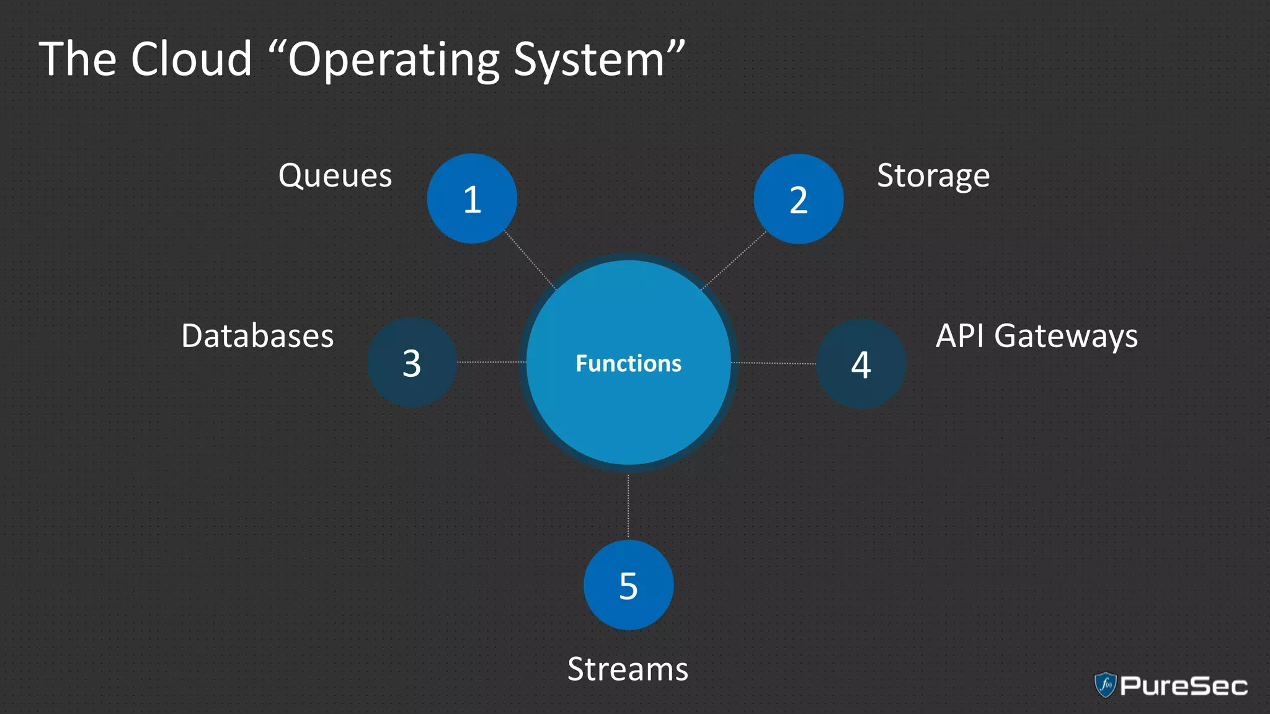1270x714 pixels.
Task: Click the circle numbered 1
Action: coord(472,198)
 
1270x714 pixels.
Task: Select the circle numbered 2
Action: coord(798,199)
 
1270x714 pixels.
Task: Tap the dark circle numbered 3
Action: coord(412,363)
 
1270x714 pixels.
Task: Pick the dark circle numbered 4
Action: coord(861,364)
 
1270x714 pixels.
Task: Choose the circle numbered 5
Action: coord(628,584)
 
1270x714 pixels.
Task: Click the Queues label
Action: coord(335,175)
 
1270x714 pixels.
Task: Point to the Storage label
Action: coord(933,176)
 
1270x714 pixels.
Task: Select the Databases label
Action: coord(257,336)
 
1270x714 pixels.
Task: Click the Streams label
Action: coord(628,669)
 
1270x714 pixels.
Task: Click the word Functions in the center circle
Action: coord(628,363)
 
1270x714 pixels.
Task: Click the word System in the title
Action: coord(589,61)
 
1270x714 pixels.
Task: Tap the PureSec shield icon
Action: coord(1105,685)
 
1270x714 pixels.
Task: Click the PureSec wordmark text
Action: coord(1183,686)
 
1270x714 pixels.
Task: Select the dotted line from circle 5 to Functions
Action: coord(628,506)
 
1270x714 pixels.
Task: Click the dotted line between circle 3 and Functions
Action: coord(491,362)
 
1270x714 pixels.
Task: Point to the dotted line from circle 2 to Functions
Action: coord(734,260)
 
